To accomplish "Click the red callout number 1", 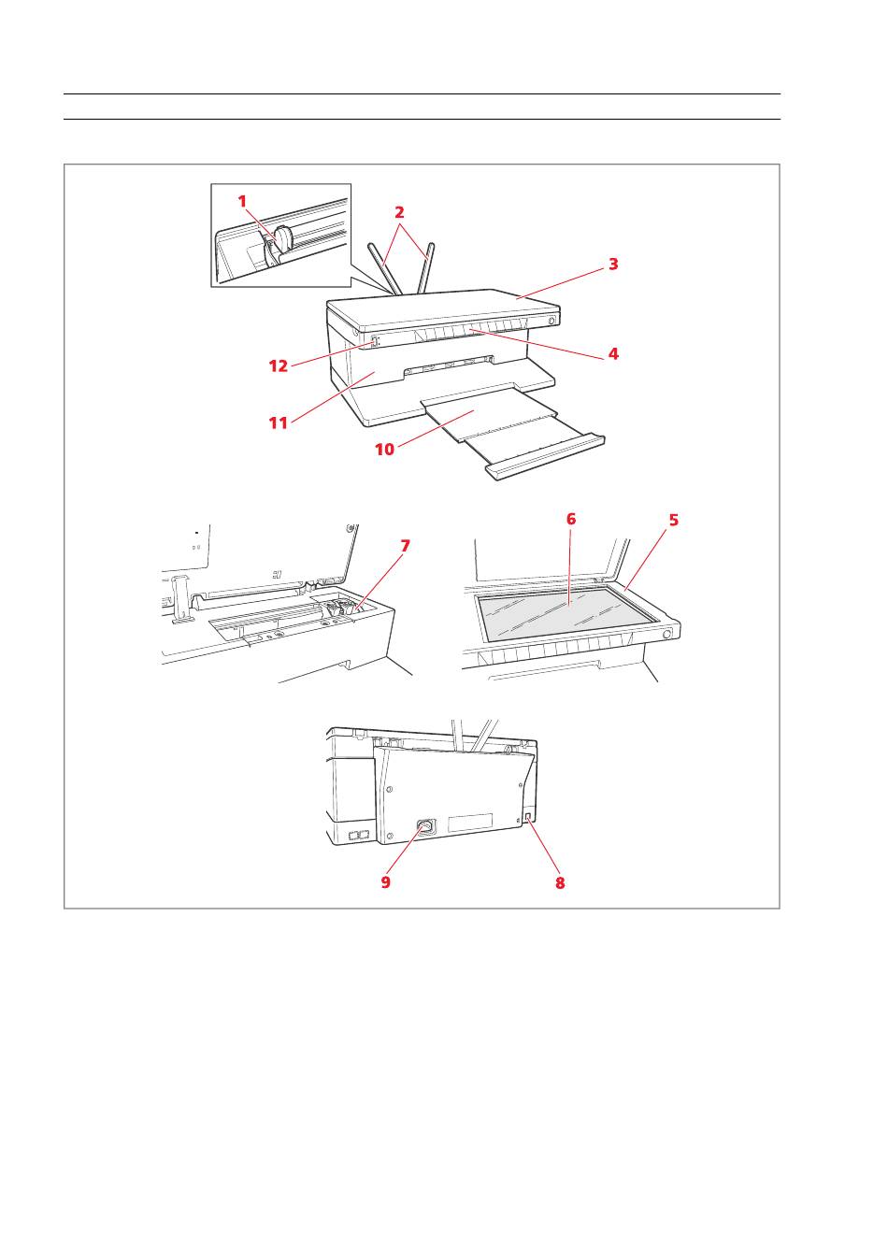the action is point(242,201).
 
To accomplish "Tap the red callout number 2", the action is point(399,212).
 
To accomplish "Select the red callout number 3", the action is point(613,264).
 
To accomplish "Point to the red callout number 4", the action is point(613,353).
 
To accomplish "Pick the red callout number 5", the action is point(673,520).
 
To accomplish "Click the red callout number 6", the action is point(571,519).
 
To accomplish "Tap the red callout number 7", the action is point(405,546).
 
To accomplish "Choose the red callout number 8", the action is point(560,882).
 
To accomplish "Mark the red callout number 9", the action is point(385,881).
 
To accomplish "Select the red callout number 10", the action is point(385,449).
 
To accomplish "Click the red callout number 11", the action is point(279,422).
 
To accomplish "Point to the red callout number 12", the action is point(279,365).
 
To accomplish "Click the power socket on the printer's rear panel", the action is point(425,827).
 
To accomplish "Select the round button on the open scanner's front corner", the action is point(667,635).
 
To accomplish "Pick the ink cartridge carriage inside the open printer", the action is point(337,609).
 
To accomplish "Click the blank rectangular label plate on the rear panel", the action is point(470,823).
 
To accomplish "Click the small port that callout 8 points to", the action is point(527,816).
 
